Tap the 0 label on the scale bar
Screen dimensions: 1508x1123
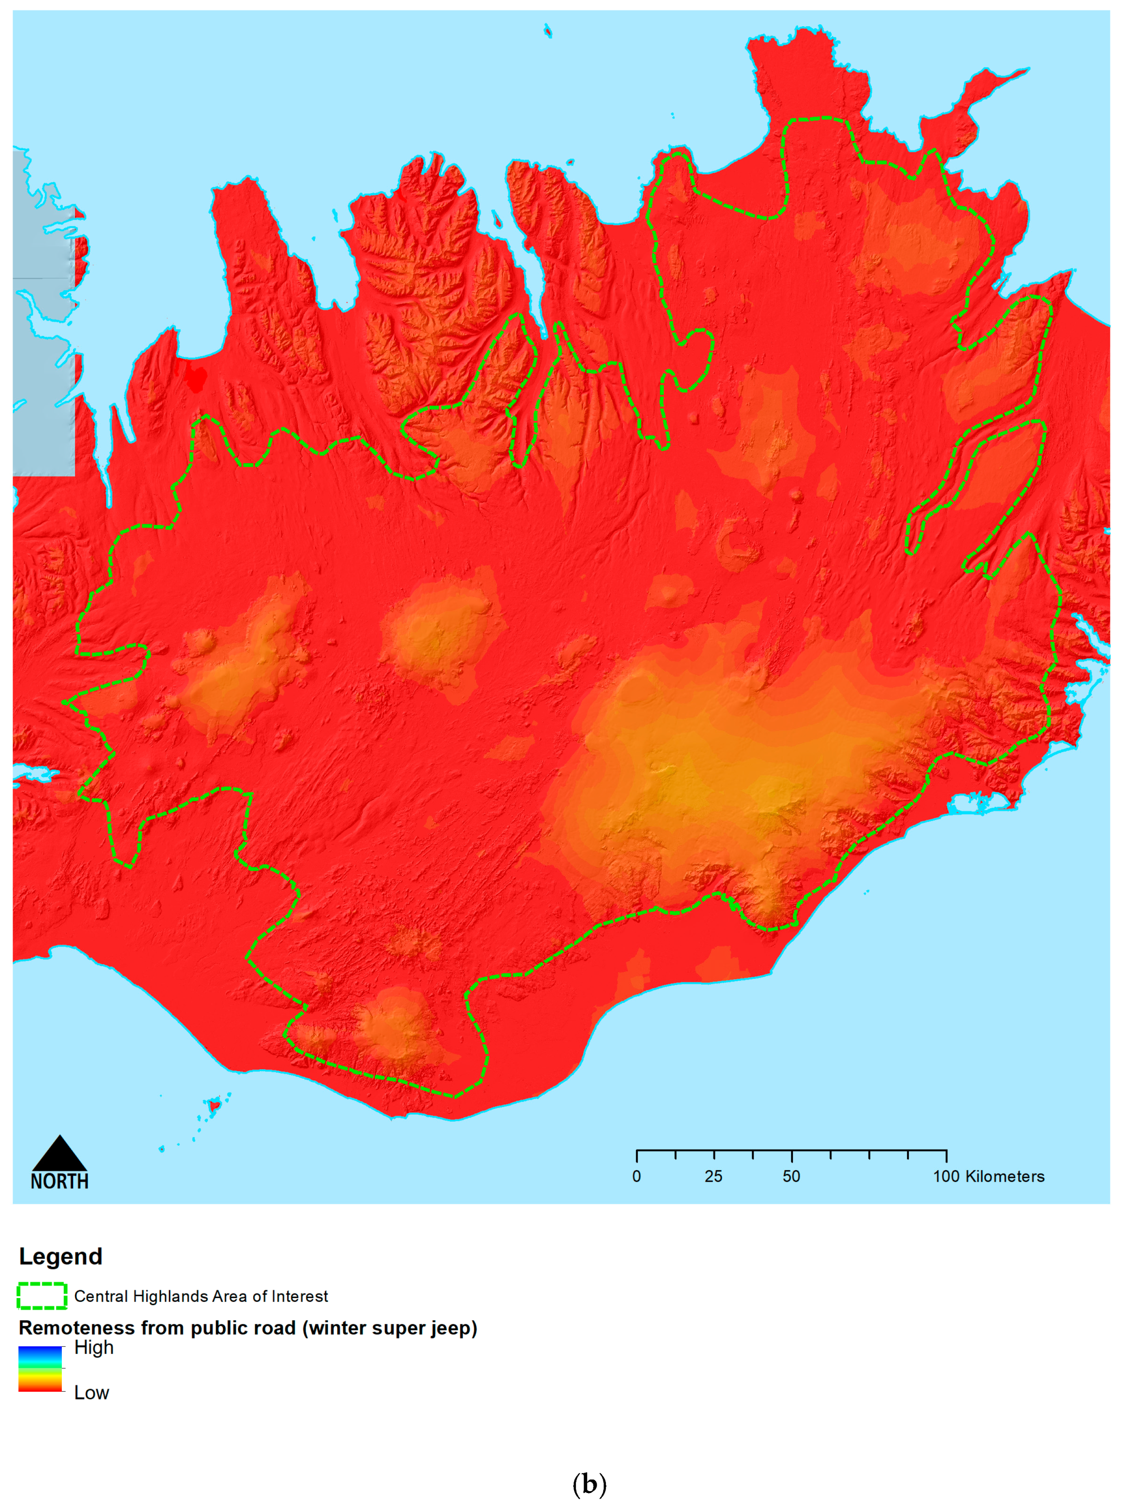point(636,1177)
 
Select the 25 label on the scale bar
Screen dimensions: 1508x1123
point(713,1177)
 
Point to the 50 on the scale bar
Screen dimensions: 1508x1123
point(791,1177)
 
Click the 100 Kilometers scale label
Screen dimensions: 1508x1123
point(988,1177)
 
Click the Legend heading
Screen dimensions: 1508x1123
point(60,1256)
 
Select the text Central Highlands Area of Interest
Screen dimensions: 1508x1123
point(201,1297)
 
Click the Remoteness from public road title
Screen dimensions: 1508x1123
point(247,1328)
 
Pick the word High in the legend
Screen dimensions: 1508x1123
point(94,1348)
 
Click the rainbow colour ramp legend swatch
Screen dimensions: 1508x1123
point(40,1369)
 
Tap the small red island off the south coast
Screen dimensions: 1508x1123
point(213,1105)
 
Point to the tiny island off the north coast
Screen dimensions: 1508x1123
point(548,30)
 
